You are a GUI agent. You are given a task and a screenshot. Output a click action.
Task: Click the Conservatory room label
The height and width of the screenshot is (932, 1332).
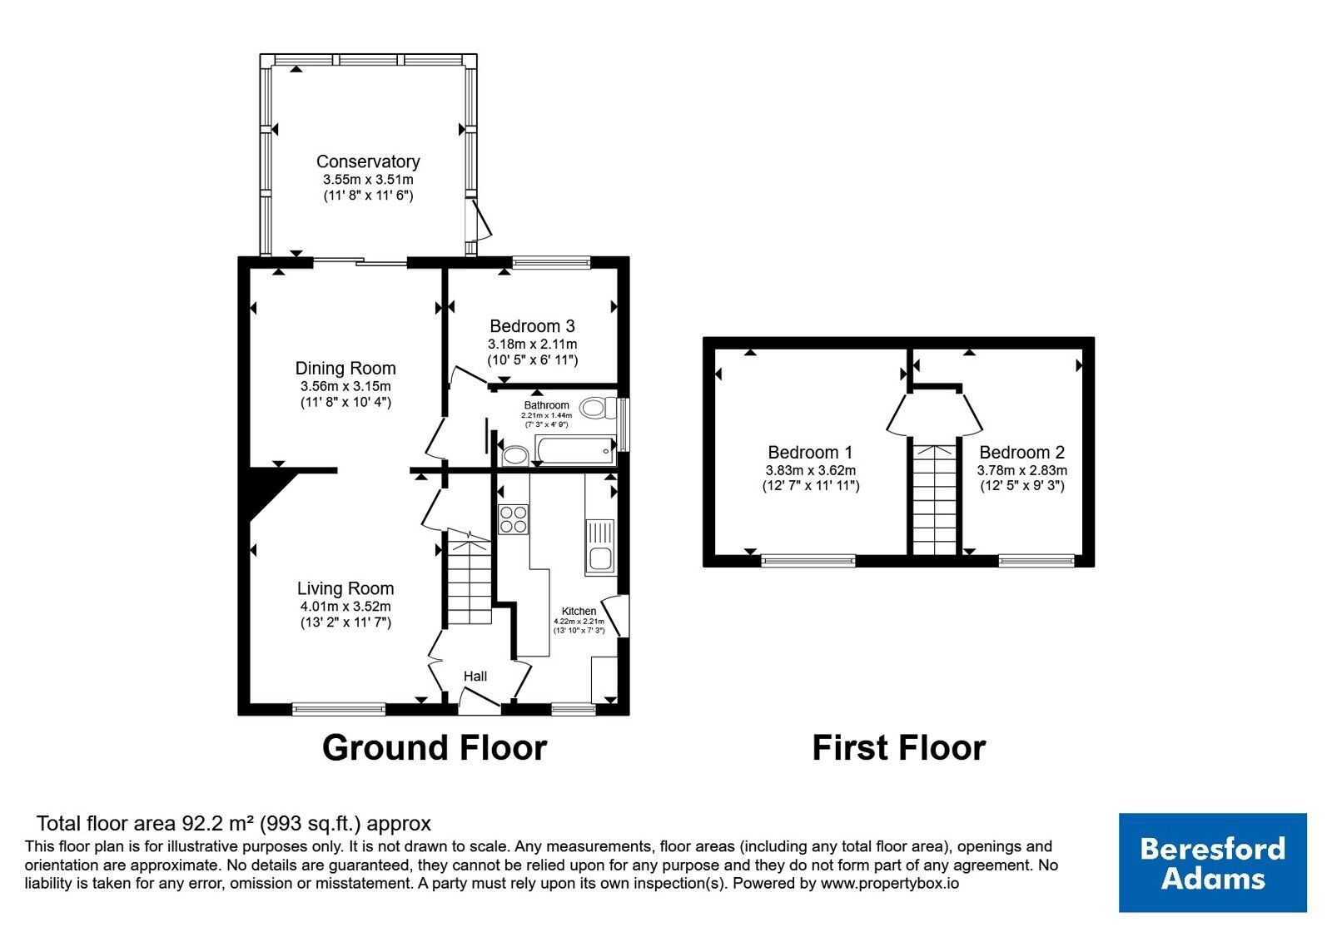pos(368,161)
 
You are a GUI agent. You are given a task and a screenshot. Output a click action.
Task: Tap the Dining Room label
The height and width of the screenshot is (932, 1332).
pos(345,369)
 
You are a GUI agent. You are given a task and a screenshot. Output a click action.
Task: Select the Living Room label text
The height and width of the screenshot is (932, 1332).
pos(345,588)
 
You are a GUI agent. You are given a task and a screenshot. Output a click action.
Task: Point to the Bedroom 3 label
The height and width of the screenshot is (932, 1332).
pos(532,326)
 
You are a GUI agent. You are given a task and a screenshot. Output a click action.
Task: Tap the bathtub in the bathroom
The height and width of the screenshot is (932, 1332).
pos(575,450)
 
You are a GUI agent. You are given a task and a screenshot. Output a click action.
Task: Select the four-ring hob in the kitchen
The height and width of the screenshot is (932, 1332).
pos(513,519)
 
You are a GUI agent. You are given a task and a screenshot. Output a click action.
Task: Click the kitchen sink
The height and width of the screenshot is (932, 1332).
pos(599,547)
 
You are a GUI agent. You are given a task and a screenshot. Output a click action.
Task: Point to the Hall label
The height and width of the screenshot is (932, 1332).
pos(475,677)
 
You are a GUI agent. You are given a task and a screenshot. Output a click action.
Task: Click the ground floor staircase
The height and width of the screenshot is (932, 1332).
pos(470,577)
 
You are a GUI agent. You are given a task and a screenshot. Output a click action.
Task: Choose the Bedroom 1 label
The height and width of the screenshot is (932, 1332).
pos(811,453)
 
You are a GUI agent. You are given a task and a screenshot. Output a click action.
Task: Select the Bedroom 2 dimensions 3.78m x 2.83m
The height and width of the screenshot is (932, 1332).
pos(1021,471)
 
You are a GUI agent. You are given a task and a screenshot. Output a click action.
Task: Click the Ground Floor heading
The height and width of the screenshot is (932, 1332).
pos(435,748)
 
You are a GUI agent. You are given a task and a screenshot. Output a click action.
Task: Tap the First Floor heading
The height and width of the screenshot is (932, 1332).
pos(898,748)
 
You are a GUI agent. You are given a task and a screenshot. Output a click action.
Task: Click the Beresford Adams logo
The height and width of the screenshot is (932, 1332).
pos(1212,862)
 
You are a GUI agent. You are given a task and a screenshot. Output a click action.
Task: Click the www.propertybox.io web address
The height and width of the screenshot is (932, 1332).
pos(890,883)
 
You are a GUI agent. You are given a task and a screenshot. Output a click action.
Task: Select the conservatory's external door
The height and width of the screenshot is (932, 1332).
pos(480,221)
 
